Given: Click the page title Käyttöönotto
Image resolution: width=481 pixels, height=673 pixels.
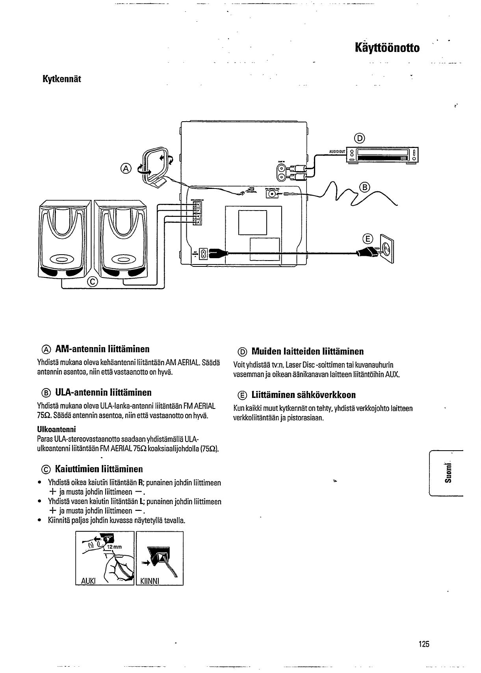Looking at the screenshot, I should [387, 48].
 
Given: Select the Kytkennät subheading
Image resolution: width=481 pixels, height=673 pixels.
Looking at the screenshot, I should [61, 79].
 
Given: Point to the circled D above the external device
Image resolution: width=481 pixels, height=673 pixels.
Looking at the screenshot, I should [359, 138].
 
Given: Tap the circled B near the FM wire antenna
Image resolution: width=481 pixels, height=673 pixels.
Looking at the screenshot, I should [365, 187].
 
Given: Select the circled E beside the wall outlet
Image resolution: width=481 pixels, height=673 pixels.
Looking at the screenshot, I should [367, 239].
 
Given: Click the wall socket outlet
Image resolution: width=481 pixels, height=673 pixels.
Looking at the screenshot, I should [386, 249].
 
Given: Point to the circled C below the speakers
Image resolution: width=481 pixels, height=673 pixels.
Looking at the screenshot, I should [93, 281].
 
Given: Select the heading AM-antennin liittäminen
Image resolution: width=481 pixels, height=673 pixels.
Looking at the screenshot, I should [102, 349].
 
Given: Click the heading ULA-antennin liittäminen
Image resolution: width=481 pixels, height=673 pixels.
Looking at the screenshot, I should [103, 392].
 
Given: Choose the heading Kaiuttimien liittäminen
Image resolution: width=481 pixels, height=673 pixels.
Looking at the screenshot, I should [98, 469].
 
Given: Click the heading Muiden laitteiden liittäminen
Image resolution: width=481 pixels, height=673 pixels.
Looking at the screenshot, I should [307, 351].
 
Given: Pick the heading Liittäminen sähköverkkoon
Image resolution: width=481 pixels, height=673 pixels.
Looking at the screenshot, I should [303, 395].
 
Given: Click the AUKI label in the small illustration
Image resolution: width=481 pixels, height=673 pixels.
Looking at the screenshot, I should [88, 581].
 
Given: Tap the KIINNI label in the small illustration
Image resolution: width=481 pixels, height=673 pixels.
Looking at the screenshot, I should [149, 581].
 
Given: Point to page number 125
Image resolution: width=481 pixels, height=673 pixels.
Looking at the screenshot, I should [424, 644].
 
